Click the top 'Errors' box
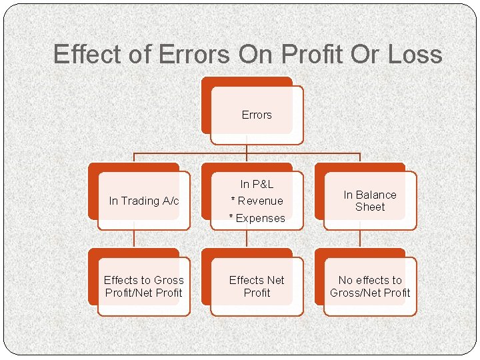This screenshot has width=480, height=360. pos(257,115)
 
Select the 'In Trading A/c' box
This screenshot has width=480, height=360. pos(144,201)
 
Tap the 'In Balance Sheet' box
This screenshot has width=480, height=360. pos(370,201)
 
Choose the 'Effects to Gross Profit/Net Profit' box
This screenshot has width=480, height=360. pos(144,286)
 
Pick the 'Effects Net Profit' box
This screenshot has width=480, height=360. pos(257,286)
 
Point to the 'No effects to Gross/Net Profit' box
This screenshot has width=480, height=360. pos(370,286)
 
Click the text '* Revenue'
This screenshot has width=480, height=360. pos(257,201)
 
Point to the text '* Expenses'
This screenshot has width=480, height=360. pos(257,218)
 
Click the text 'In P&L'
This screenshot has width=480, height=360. pos(257,184)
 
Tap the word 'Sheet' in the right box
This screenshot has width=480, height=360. pos(370,207)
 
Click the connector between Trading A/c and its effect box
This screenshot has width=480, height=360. pos(134,239)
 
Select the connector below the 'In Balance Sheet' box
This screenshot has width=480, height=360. pos(360,239)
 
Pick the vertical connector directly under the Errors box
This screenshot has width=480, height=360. pos(247,148)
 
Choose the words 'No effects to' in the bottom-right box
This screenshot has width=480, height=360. pos(370,280)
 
